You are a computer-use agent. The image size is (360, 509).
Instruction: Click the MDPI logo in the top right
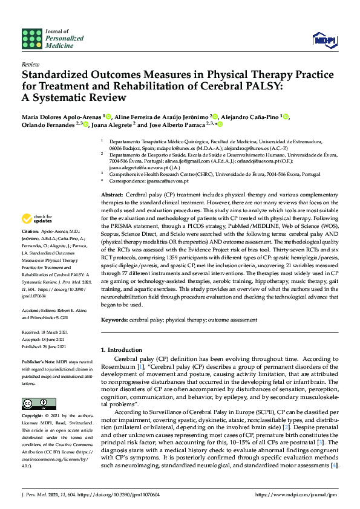tap(324, 39)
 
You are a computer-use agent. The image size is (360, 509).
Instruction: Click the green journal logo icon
tap(32, 39)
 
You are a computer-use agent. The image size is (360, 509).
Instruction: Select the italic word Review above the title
tap(30, 63)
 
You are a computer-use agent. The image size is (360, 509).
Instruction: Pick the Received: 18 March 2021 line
tap(46, 332)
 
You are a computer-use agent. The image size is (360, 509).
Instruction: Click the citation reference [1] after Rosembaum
tap(140, 367)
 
